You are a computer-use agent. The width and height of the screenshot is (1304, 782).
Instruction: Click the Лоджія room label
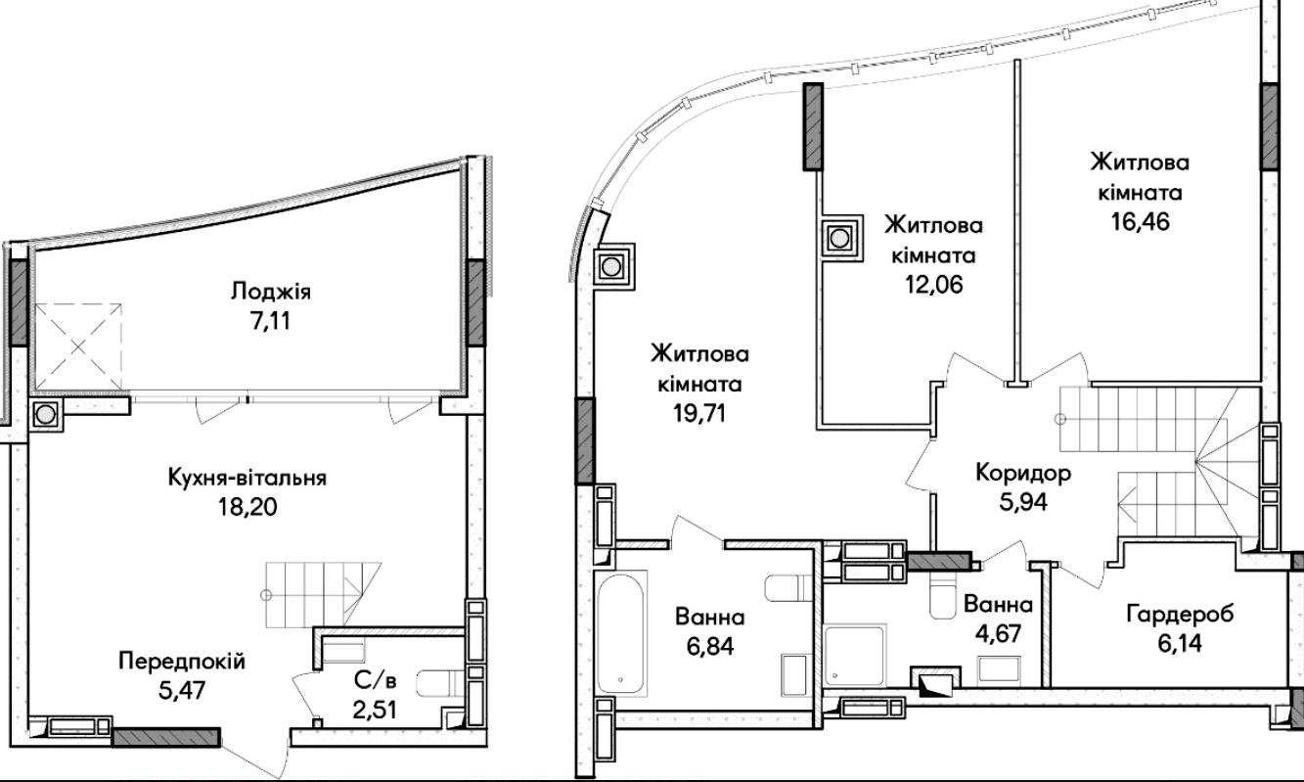point(271,291)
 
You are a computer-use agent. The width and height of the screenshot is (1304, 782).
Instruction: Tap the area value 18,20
point(248,507)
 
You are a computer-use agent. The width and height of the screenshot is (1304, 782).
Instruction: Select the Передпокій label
point(182,662)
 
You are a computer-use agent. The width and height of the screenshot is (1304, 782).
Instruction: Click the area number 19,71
point(699,413)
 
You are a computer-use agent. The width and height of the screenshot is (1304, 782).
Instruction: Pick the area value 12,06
point(933,284)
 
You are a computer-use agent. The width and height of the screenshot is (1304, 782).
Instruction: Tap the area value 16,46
point(1140,222)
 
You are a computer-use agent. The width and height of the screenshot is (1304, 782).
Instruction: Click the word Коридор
point(1023,474)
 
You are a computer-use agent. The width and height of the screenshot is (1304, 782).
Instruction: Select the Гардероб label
point(1180,614)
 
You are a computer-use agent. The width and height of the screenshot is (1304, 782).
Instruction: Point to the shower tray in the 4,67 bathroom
point(855,655)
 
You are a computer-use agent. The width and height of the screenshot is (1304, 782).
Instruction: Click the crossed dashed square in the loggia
point(78,347)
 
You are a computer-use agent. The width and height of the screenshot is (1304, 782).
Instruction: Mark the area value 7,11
point(270,321)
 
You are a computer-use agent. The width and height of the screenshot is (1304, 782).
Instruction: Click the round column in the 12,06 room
point(839,238)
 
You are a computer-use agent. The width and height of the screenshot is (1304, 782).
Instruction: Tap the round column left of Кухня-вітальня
point(44,415)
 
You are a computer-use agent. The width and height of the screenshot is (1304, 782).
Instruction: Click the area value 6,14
point(1180,643)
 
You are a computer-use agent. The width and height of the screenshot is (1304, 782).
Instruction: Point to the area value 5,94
point(1023,502)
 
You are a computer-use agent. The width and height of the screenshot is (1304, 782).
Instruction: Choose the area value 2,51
point(376,710)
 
